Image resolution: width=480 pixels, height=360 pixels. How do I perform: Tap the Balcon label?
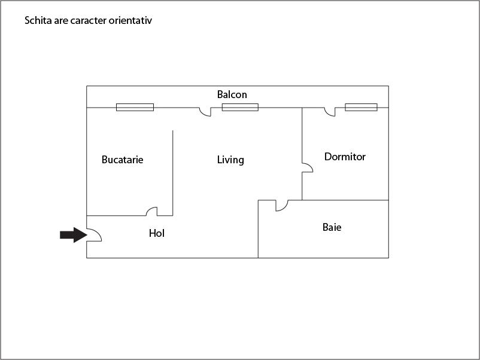pos(232,94)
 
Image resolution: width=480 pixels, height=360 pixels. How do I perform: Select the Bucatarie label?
pos(123,160)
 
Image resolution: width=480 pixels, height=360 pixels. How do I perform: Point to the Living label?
pos(230,160)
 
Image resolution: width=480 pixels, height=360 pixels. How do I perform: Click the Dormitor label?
pos(345,157)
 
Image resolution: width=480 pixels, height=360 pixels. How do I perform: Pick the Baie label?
pos(332,227)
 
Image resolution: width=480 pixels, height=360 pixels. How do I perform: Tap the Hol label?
pos(157,233)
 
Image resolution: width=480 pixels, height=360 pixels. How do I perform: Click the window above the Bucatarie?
pos(135,107)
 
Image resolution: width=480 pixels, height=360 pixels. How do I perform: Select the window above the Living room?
pos(240,107)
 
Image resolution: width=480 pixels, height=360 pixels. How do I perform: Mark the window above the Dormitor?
pos(361,107)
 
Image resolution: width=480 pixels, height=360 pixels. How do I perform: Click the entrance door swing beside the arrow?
pos(94,236)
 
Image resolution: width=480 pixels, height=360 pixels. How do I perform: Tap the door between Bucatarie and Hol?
pos(152,211)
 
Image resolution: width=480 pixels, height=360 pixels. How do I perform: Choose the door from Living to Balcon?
pos(205,112)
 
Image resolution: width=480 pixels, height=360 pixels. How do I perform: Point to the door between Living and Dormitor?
pos(307,167)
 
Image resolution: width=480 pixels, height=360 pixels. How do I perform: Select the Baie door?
pos(281,205)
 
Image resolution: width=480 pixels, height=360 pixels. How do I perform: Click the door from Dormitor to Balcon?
pos(330,112)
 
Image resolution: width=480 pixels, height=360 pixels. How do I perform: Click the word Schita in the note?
pos(37,21)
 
